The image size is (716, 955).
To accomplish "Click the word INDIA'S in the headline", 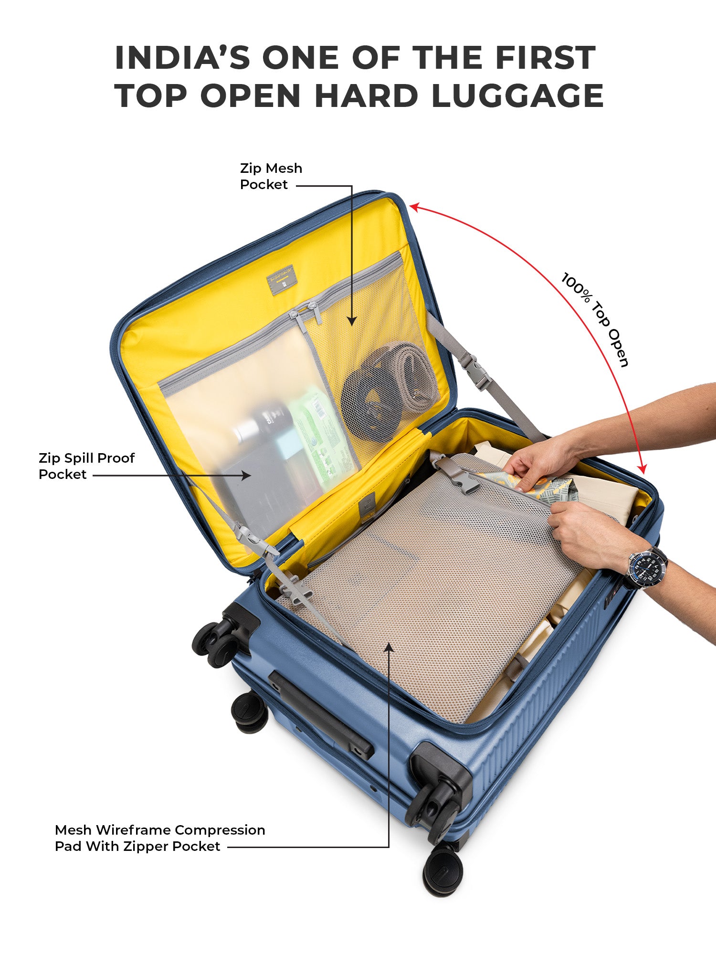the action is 182,58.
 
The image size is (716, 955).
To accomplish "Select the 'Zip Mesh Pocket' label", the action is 271,176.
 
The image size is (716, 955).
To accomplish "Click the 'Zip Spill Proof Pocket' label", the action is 86,466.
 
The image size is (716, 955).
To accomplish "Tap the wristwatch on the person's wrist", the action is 647,568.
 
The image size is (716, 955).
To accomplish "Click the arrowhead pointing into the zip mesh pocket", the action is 352,321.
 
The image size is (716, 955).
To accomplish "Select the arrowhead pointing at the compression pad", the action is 389,647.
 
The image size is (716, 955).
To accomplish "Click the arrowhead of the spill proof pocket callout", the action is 246,475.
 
